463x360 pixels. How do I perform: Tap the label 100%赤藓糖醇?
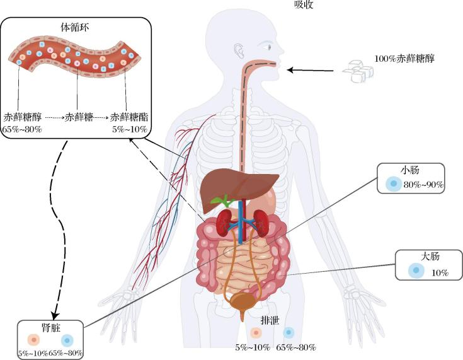(406, 58)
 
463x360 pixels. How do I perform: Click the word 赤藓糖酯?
(129, 117)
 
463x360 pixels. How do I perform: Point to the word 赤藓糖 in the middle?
(79, 117)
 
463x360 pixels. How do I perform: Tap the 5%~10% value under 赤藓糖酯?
(130, 129)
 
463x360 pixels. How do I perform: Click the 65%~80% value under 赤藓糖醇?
(23, 129)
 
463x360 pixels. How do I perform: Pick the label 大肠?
(430, 257)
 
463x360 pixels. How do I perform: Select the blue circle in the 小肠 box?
(393, 184)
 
